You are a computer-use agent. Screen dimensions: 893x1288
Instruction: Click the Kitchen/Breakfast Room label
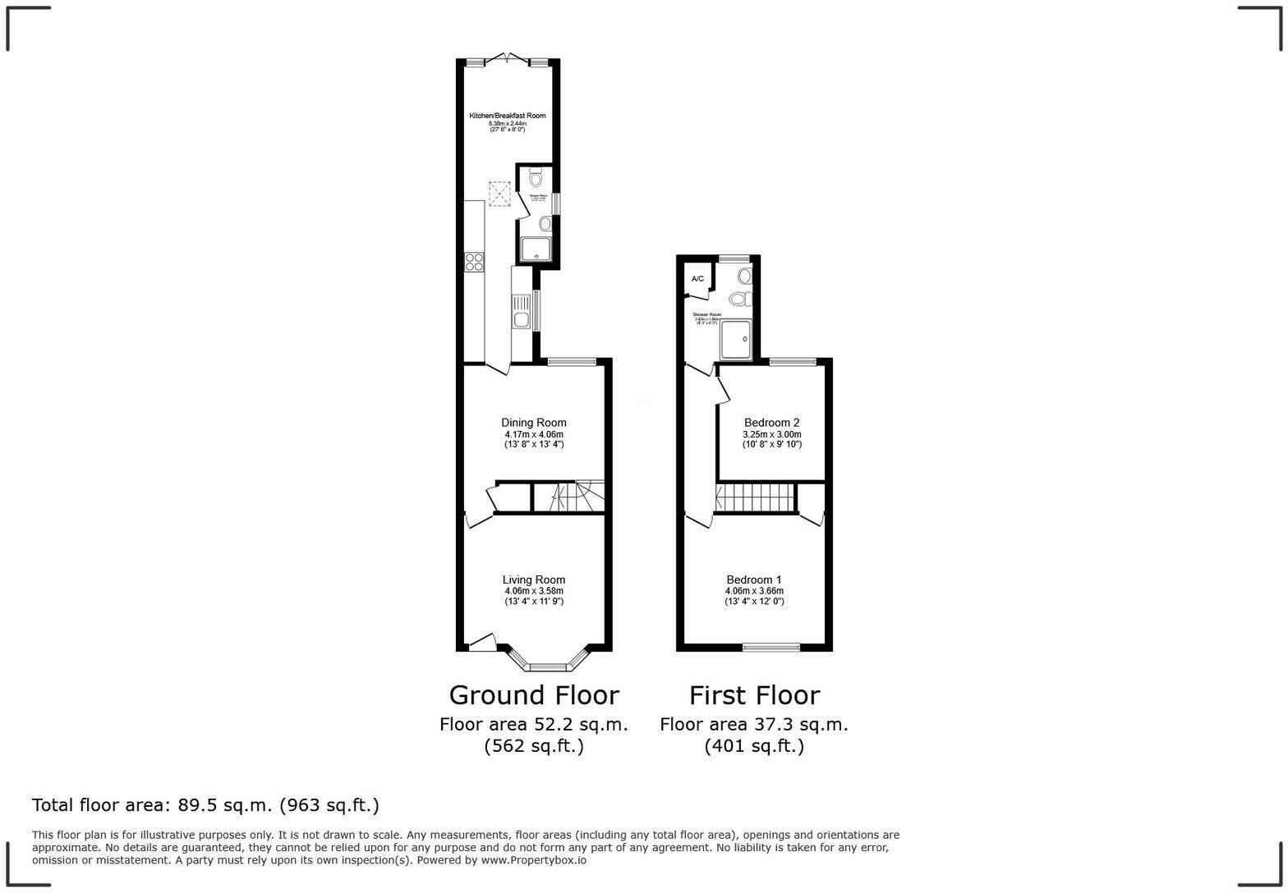pyautogui.click(x=507, y=116)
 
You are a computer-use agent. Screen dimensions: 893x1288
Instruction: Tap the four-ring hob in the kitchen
pyautogui.click(x=474, y=262)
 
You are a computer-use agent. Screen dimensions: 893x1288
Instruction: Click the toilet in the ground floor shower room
pyautogui.click(x=536, y=176)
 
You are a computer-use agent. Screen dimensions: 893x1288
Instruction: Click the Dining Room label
pyautogui.click(x=534, y=423)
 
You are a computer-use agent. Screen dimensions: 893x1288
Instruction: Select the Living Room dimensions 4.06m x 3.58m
pyautogui.click(x=534, y=591)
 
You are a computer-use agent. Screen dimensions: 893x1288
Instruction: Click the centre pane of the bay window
pyautogui.click(x=549, y=666)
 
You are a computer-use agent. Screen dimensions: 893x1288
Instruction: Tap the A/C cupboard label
pyautogui.click(x=697, y=279)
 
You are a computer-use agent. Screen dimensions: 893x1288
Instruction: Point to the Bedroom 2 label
pyautogui.click(x=771, y=423)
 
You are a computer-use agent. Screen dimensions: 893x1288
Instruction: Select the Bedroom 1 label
pyautogui.click(x=754, y=579)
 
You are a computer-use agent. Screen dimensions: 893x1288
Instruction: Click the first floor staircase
pyautogui.click(x=756, y=498)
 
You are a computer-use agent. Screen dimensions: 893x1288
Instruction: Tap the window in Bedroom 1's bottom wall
pyautogui.click(x=770, y=647)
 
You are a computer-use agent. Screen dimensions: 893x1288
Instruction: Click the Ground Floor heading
pyautogui.click(x=534, y=695)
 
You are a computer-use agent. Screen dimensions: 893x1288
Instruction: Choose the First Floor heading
pyautogui.click(x=754, y=695)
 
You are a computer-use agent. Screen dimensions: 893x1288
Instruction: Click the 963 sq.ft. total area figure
pyautogui.click(x=329, y=805)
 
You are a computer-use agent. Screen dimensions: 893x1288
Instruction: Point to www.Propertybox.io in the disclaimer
pyautogui.click(x=534, y=860)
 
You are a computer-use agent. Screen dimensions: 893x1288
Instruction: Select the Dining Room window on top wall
pyautogui.click(x=572, y=361)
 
